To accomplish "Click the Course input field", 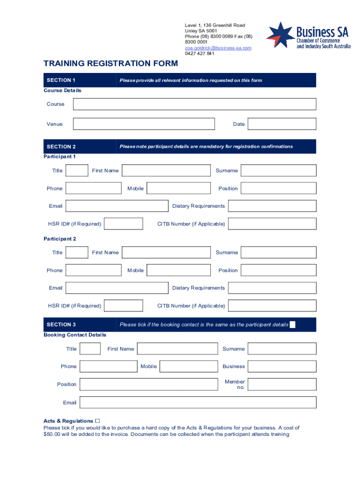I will [194, 104].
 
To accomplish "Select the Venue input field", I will [144, 124].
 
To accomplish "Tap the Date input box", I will [282, 124].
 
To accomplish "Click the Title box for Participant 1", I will [77, 171].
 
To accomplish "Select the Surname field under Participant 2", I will [278, 253].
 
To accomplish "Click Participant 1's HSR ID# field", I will [123, 224].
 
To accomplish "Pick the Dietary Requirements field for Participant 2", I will [272, 288].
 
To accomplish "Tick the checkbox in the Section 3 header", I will [293, 325].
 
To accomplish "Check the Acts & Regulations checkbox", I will [98, 421].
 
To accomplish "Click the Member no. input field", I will [282, 385].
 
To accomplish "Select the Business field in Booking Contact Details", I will [282, 367].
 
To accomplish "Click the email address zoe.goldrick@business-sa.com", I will [218, 48].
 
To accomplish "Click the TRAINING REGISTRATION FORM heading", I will [111, 64].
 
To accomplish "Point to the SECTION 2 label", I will [61, 146].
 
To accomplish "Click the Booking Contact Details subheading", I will [75, 335].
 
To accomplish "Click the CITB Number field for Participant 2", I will [272, 306].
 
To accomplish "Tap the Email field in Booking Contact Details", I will [198, 402].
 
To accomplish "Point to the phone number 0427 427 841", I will [200, 53].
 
